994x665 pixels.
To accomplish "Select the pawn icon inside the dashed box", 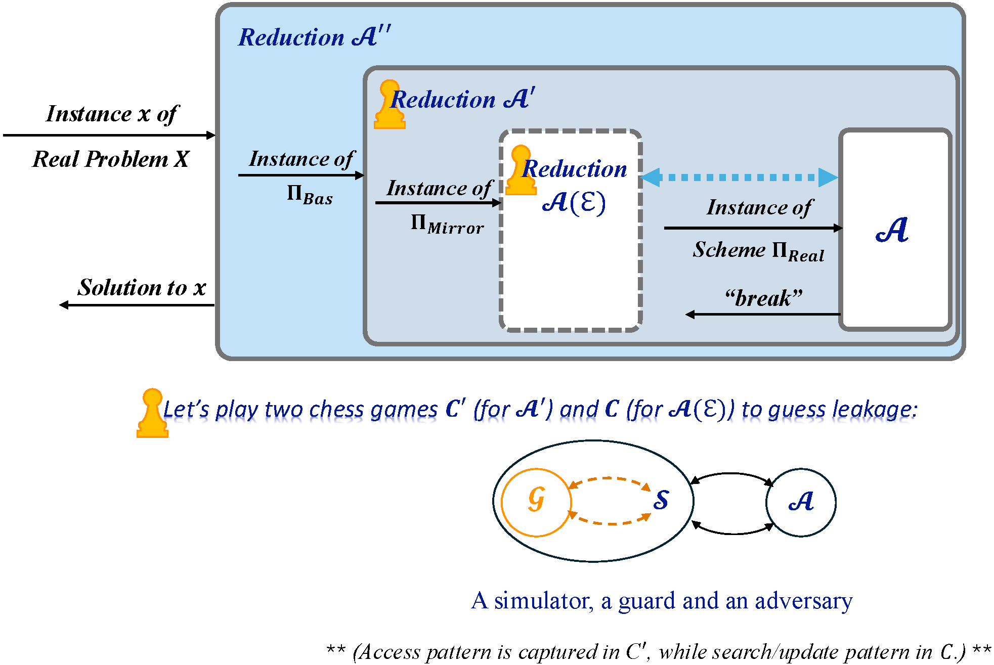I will coord(520,170).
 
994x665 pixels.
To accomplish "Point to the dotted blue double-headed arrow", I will coord(739,178).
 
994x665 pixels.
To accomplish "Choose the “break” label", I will coord(764,298).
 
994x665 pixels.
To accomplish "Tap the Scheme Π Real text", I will coord(758,250).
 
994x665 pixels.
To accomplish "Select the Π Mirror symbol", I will coord(447,223).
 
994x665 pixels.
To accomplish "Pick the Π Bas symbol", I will coord(310,194).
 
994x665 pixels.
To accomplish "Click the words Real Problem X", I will coord(111,159).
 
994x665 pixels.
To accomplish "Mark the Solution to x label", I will coord(142,287).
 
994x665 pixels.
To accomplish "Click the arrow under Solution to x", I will coord(137,305).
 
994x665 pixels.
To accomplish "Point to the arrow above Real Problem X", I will coord(109,135).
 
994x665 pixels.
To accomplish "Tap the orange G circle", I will coord(536,502).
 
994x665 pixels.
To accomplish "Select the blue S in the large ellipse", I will coord(661,500).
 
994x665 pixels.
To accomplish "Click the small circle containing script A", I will coord(801,502).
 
